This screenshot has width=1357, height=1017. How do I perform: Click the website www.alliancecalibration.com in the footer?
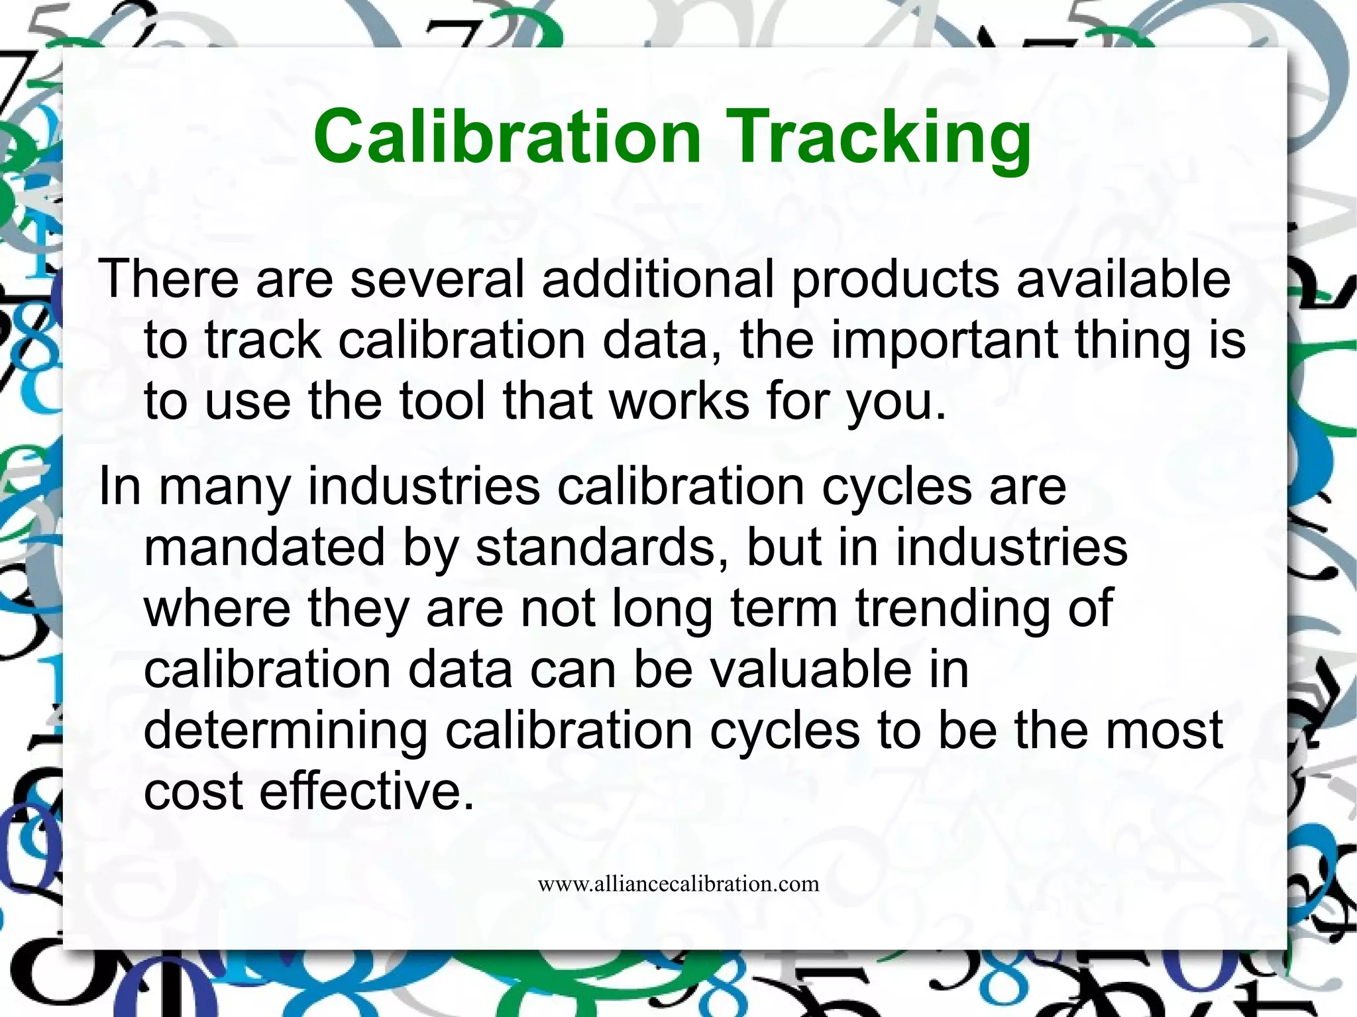[678, 884]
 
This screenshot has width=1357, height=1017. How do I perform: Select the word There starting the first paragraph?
[169, 278]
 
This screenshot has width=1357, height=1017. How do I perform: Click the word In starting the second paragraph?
[120, 486]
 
